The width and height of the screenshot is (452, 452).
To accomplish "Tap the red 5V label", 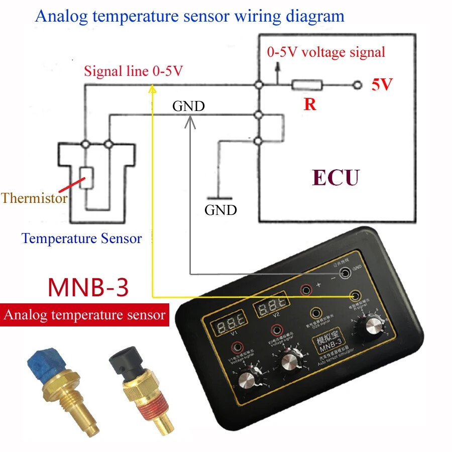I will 382,85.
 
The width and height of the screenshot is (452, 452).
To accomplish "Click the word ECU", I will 335,178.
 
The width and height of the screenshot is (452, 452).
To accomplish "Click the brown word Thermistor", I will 34,198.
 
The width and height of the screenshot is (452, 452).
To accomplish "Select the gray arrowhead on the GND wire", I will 190,120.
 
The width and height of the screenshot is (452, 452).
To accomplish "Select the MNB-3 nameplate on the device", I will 326,344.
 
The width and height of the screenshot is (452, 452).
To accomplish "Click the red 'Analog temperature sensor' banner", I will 84,315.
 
